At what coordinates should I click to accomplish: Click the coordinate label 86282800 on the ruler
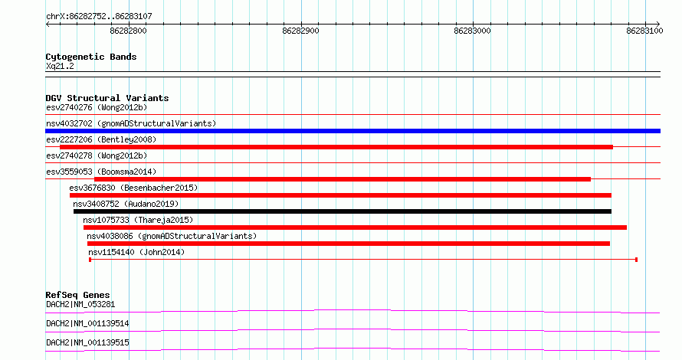tap(128, 31)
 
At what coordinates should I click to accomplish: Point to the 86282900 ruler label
tap(300, 31)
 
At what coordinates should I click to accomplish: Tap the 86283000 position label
tap(472, 31)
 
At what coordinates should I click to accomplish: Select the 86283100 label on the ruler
tap(644, 31)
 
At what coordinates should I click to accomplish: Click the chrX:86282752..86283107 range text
tap(99, 17)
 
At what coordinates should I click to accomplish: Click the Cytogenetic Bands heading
tap(91, 57)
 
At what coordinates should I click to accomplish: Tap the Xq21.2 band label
tap(60, 67)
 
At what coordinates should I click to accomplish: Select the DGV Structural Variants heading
tap(107, 98)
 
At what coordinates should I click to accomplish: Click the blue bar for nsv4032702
tap(352, 131)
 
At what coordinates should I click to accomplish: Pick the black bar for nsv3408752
tap(343, 211)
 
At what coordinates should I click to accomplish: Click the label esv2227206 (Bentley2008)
tap(101, 139)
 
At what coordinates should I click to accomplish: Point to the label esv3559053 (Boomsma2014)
tap(101, 172)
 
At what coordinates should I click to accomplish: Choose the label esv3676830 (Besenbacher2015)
tap(133, 188)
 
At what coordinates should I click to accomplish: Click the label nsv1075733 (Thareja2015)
tap(138, 220)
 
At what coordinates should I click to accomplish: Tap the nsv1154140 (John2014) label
tap(136, 252)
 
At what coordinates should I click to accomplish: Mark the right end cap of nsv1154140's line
tap(636, 260)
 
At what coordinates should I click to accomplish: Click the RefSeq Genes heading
tap(78, 295)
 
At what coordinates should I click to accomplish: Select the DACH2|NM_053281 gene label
tap(80, 304)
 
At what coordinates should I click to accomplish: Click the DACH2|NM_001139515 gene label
tap(87, 342)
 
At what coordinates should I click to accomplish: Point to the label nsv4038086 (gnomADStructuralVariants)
tap(172, 236)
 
